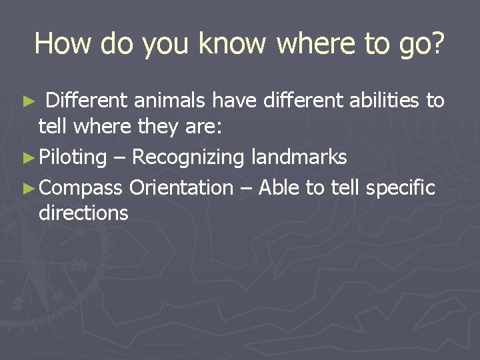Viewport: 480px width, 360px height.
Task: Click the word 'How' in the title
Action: (64, 44)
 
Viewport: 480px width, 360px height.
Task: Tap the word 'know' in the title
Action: (232, 44)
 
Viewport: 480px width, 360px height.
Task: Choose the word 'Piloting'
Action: (73, 158)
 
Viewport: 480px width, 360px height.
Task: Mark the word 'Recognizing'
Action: (189, 158)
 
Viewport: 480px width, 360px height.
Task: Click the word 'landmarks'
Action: (299, 157)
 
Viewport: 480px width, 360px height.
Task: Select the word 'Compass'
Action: (81, 189)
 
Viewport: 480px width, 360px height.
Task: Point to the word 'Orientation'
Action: (181, 188)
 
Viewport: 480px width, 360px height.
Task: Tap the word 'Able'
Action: (279, 188)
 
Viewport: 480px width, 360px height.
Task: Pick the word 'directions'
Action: (83, 213)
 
